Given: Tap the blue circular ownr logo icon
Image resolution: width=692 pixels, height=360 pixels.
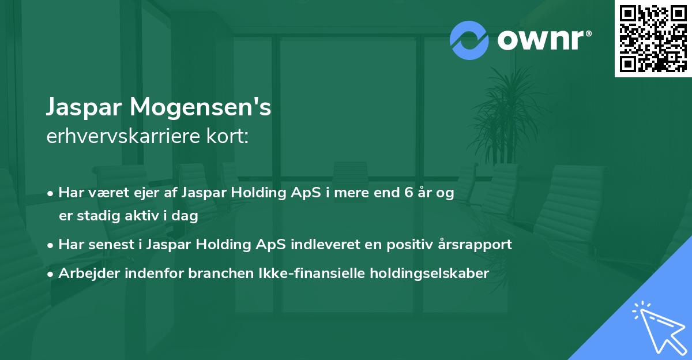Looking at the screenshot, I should coord(469,40).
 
